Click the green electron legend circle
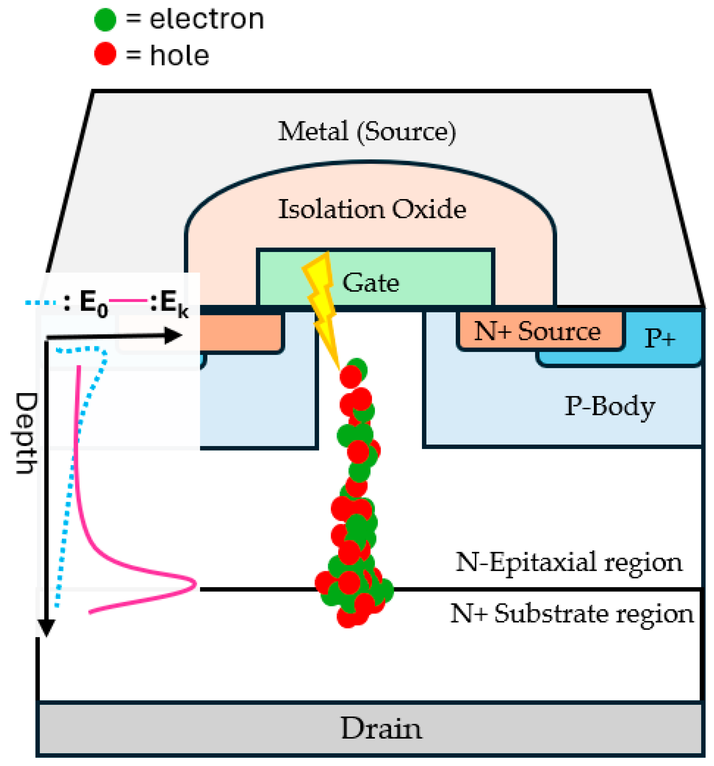pyautogui.click(x=105, y=19)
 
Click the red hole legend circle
pyautogui.click(x=105, y=54)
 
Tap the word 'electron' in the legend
pyautogui.click(x=206, y=19)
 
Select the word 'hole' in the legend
pyautogui.click(x=179, y=55)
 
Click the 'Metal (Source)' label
pyautogui.click(x=367, y=132)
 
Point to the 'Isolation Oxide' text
pyautogui.click(x=372, y=209)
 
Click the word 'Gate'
pyautogui.click(x=371, y=282)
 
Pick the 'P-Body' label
pyautogui.click(x=610, y=406)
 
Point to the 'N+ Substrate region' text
pyautogui.click(x=572, y=614)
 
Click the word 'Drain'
pyautogui.click(x=381, y=728)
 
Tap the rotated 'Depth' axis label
pyautogui.click(x=26, y=433)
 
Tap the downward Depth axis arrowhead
pyautogui.click(x=46, y=628)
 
